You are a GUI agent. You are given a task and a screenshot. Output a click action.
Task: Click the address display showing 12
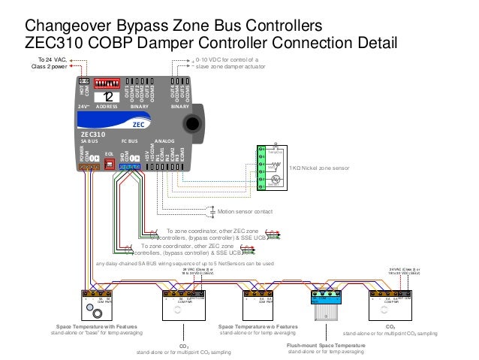click(110, 97)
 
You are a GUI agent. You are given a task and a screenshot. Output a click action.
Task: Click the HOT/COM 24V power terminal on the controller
click(84, 80)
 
